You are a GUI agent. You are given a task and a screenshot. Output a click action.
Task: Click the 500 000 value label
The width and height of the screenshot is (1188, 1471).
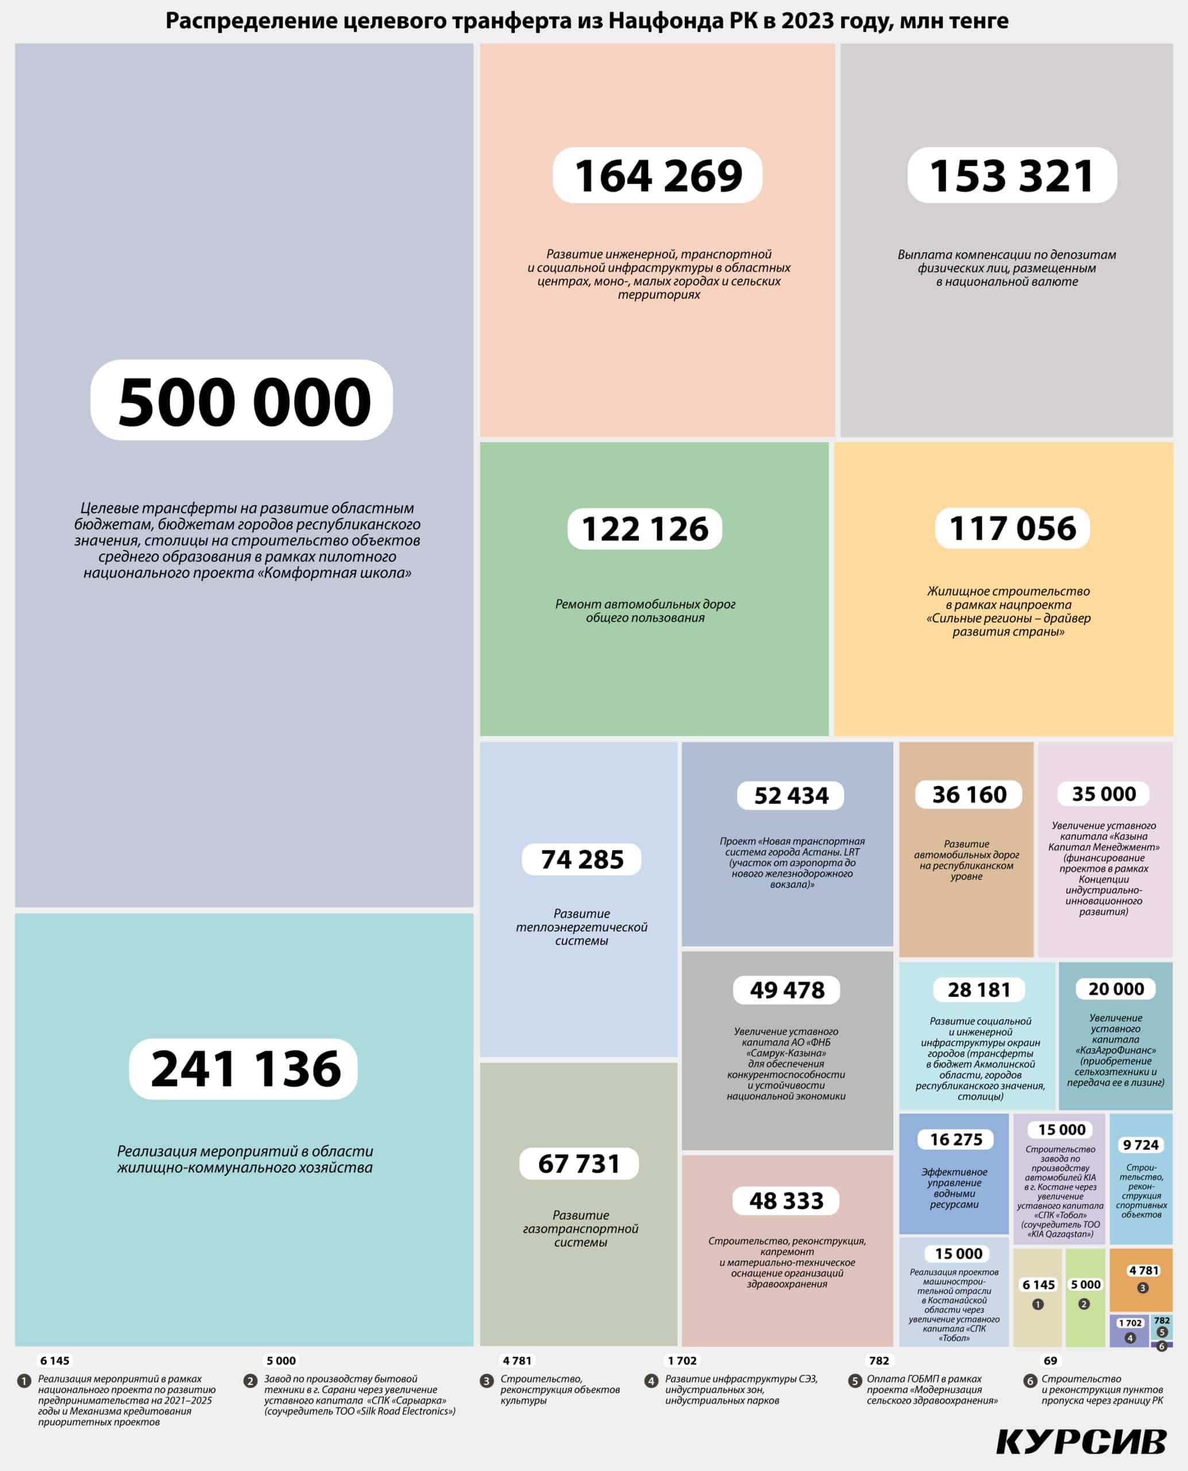pyautogui.click(x=242, y=401)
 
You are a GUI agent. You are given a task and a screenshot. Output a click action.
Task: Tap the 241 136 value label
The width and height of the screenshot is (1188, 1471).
pyautogui.click(x=244, y=1069)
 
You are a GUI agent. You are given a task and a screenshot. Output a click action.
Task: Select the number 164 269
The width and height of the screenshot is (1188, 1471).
pyautogui.click(x=657, y=175)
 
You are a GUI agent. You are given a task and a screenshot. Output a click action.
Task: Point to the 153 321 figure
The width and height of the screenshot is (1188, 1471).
pyautogui.click(x=1012, y=175)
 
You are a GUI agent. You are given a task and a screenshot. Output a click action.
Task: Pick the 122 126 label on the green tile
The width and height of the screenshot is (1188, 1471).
pyautogui.click(x=644, y=529)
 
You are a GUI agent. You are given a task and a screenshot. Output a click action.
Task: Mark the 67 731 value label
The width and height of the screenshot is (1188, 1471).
pyautogui.click(x=578, y=1163)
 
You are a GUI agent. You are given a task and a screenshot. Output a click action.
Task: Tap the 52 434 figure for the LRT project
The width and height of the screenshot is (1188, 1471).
pyautogui.click(x=790, y=795)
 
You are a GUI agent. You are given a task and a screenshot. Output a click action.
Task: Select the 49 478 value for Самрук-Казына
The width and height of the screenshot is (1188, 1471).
pyautogui.click(x=786, y=990)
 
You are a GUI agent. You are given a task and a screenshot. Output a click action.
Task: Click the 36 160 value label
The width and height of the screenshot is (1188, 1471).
pyautogui.click(x=969, y=794)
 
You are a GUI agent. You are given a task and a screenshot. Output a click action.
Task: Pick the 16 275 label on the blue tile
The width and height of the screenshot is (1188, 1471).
pyautogui.click(x=955, y=1139)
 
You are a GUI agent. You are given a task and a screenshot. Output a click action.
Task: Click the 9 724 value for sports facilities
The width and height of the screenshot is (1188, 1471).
pyautogui.click(x=1140, y=1145)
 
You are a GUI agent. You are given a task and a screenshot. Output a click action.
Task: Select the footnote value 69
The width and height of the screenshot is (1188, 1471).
pyautogui.click(x=1051, y=1361)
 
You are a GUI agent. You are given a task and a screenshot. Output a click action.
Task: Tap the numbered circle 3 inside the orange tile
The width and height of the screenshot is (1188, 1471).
pyautogui.click(x=1142, y=1288)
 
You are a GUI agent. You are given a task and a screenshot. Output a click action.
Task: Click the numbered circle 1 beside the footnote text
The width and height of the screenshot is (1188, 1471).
pyautogui.click(x=24, y=1381)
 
